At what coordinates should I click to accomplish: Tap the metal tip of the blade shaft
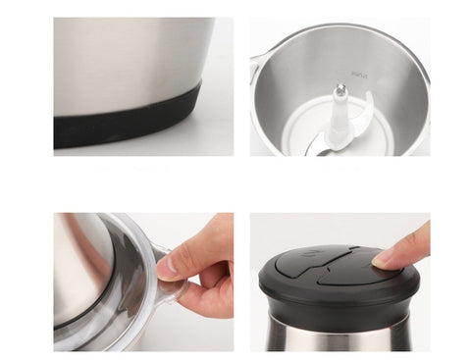[340, 91]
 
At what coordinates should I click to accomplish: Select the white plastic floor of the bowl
[294, 137]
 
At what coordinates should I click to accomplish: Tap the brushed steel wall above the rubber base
[128, 59]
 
